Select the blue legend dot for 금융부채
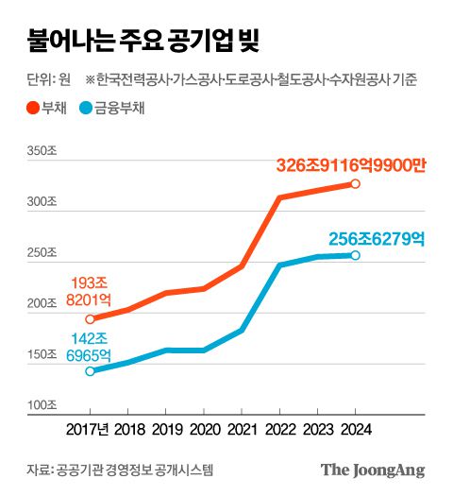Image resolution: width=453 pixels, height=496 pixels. [x=87, y=108]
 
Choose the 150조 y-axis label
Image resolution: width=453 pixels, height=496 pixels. [x=42, y=355]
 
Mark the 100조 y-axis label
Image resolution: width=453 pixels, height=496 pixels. [x=42, y=406]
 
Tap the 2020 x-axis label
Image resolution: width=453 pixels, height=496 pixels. [x=204, y=429]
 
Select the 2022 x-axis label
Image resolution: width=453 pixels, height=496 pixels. [x=279, y=429]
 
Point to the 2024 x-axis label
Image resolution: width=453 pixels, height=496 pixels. [x=355, y=429]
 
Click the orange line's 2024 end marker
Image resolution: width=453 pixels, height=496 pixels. [x=356, y=183]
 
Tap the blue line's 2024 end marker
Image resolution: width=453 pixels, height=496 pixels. [x=356, y=255]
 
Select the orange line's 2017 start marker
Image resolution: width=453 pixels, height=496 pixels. [x=90, y=319]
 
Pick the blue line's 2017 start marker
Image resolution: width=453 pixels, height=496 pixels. [x=90, y=371]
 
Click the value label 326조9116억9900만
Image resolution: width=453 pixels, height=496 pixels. [x=351, y=164]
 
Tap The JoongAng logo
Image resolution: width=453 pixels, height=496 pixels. [x=372, y=470]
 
